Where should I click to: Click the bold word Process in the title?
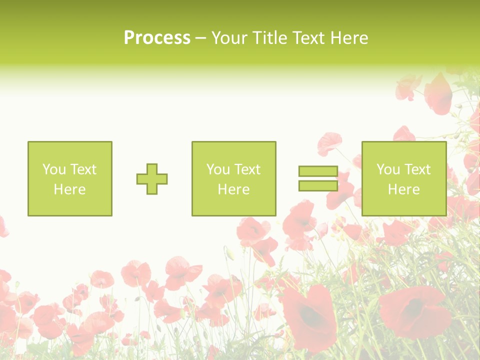pyautogui.click(x=157, y=37)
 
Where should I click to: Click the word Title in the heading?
pyautogui.click(x=269, y=37)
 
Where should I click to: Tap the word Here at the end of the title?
pyautogui.click(x=350, y=37)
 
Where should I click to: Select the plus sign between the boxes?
pyautogui.click(x=152, y=179)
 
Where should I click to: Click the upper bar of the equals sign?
pyautogui.click(x=318, y=171)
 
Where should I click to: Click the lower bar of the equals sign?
pyautogui.click(x=318, y=185)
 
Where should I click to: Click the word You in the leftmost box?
pyautogui.click(x=54, y=169)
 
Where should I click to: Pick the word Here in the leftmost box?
pyautogui.click(x=69, y=189)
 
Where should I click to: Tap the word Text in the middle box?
pyautogui.click(x=247, y=169)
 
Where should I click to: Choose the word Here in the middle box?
pyautogui.click(x=233, y=189)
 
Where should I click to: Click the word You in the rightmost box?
pyautogui.click(x=388, y=169)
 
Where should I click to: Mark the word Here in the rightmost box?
pyautogui.click(x=403, y=189)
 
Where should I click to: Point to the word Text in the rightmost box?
pyautogui.click(x=417, y=169)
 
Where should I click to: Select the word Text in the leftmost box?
pyautogui.click(x=83, y=169)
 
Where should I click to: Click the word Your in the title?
pyautogui.click(x=230, y=37)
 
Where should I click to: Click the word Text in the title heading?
pyautogui.click(x=309, y=37)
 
